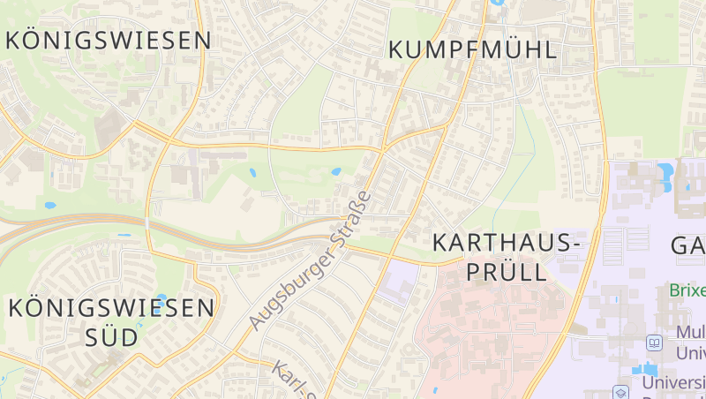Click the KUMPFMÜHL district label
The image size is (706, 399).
coord(473,49)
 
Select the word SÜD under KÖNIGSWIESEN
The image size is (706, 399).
coord(112,337)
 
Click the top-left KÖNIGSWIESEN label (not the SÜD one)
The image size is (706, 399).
coord(109,41)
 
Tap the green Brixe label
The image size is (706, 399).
coord(687,290)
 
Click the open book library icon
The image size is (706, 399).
coord(654,342)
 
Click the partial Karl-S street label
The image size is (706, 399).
coord(293,380)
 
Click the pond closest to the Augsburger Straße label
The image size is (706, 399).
coord(334,171)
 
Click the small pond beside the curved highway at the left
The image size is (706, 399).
coord(49,206)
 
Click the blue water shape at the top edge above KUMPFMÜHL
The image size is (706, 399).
coord(497,3)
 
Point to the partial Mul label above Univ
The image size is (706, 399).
coord(689,333)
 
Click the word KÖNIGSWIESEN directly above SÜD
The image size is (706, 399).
coord(111,307)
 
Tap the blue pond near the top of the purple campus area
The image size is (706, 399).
coord(665,170)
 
